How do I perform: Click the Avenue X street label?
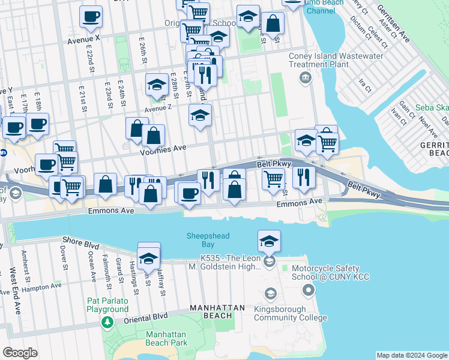click(x=83, y=39)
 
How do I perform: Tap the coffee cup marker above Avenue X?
click(x=91, y=17)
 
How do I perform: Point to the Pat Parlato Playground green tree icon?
click(x=107, y=323)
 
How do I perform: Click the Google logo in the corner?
click(x=20, y=353)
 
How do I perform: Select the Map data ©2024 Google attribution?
click(x=411, y=355)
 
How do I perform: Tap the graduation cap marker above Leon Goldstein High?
click(x=270, y=241)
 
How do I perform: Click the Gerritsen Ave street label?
click(x=393, y=25)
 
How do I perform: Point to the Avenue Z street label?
click(x=157, y=107)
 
